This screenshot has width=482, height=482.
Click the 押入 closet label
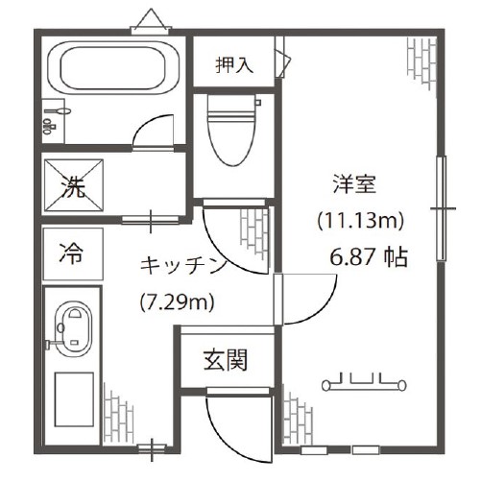coord(233,65)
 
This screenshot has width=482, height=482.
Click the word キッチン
coord(182,264)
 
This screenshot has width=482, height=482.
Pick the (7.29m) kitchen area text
coord(178,302)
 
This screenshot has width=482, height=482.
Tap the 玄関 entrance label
coord(226,360)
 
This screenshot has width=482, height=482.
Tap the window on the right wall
coord(442,206)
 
